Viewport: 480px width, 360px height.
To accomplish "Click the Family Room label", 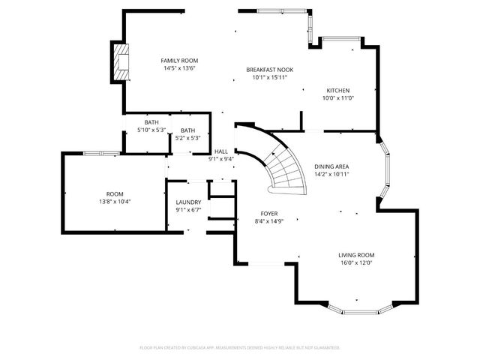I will click(179, 61).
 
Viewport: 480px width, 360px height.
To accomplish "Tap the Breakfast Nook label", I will click(269, 70).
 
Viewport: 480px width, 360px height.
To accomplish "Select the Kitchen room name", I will click(337, 90).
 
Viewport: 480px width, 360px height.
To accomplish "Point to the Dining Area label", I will click(331, 166).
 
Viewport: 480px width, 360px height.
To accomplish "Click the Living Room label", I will click(355, 255).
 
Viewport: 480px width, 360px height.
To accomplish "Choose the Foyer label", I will click(269, 214).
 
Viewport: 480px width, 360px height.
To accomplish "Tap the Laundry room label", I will click(188, 202).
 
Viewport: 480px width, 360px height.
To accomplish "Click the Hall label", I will click(221, 151).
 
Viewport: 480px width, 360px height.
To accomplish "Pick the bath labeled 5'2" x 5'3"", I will click(187, 130).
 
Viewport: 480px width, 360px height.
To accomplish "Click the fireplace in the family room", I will click(118, 63).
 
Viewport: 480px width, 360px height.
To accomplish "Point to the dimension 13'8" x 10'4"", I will click(115, 202).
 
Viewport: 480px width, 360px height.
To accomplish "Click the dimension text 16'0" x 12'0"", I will click(355, 263).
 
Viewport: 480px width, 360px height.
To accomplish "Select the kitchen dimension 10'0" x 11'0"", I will click(337, 98).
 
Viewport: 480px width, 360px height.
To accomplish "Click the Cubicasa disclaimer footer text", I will click(240, 348).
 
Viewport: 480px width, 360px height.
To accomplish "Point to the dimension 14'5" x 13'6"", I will click(179, 68).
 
